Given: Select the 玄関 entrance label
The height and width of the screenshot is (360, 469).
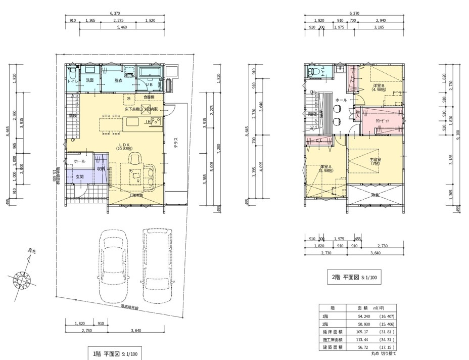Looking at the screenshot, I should coord(80,177).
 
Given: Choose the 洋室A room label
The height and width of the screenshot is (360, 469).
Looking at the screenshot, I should coord(326,168).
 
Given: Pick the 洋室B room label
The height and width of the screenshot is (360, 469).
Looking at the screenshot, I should coord(379,87).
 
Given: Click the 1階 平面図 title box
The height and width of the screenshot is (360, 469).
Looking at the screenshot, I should coord(115,353).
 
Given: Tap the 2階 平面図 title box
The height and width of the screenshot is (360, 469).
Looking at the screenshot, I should coord(354,277).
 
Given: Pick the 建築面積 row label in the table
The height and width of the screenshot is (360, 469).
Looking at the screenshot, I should coord(333,348).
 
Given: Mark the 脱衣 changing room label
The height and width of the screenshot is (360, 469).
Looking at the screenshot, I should coord(118,80).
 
